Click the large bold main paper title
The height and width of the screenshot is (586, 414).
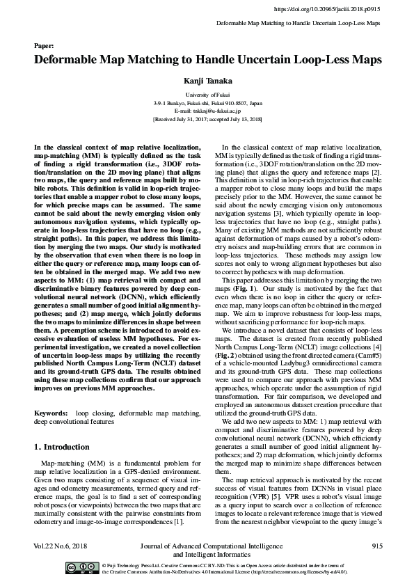tap(207, 60)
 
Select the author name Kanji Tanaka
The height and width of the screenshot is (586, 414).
tap(207, 81)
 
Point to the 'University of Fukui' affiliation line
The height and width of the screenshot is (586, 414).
tap(207, 94)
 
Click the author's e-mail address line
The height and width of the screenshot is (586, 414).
tap(207, 111)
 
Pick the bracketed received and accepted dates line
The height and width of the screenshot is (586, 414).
tap(207, 119)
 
